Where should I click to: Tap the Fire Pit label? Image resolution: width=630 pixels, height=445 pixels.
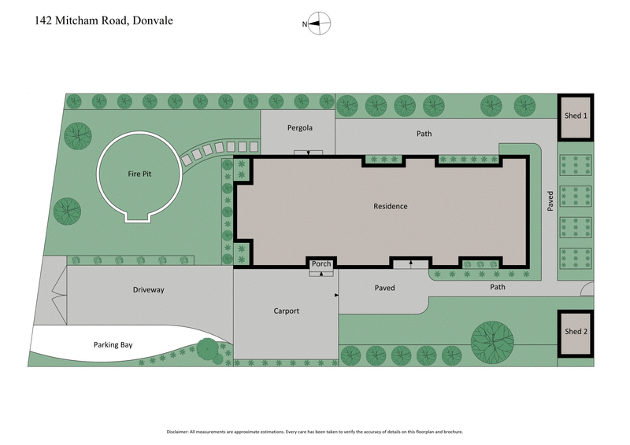click(x=139, y=174)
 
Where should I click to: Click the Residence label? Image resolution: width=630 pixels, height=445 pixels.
click(x=390, y=207)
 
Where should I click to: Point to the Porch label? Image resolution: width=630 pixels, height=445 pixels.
click(x=321, y=263)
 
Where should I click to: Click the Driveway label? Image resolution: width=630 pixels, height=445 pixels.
click(x=148, y=290)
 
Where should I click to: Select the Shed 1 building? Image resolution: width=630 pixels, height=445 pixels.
click(x=576, y=116)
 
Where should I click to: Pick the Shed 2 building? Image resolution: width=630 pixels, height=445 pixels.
click(x=576, y=332)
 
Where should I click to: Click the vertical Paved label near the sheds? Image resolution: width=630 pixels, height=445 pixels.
click(x=551, y=200)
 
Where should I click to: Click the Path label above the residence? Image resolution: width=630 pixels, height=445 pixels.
click(x=424, y=134)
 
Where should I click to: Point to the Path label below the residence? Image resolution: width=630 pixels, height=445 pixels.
click(x=497, y=288)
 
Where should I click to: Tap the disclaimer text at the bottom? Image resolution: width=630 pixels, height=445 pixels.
click(x=315, y=432)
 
